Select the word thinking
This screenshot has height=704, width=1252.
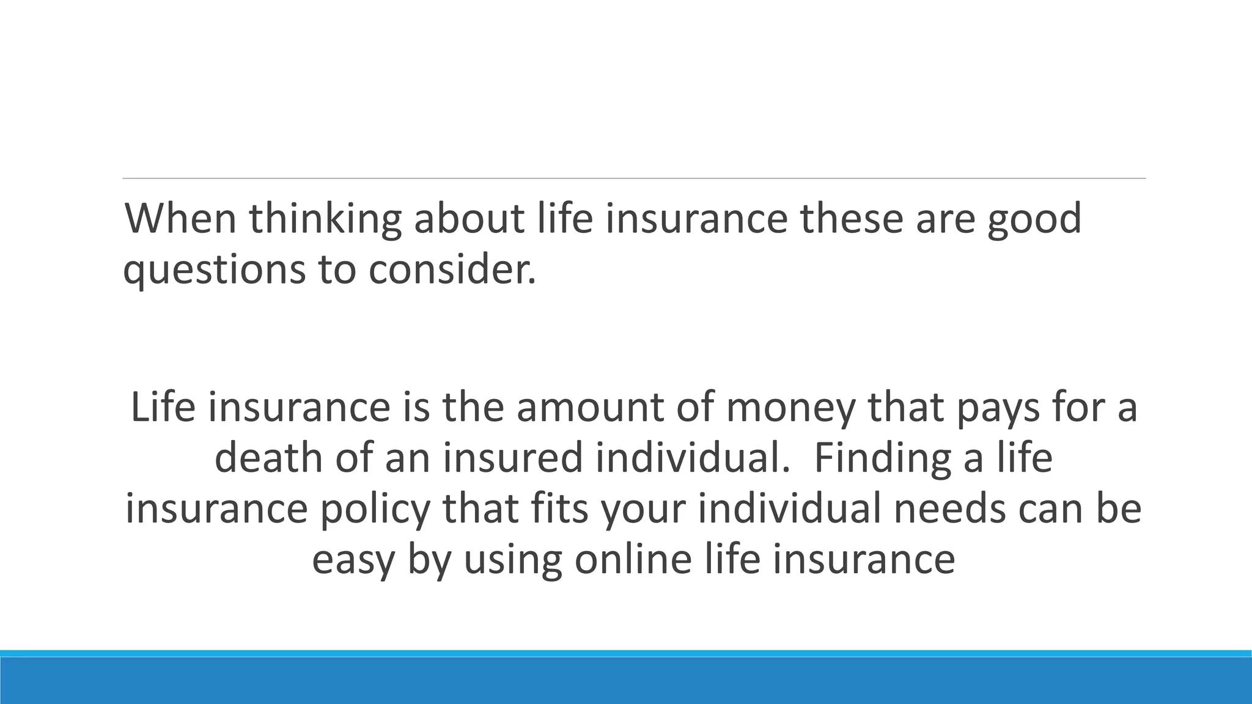[325, 219]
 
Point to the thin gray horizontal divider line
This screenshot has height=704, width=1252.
[634, 178]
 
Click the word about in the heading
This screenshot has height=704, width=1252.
[469, 219]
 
